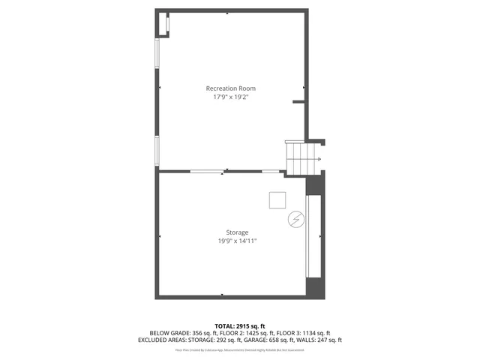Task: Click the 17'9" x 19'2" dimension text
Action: pos(231,97)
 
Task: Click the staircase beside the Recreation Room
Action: pos(297,158)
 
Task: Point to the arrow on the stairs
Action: pos(318,159)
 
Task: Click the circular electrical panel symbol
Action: pos(296,219)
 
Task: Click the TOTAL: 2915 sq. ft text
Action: pos(240,326)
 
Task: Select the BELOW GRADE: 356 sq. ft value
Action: pos(178,333)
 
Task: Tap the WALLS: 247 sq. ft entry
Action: pos(321,340)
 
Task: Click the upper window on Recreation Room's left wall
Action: pos(157,54)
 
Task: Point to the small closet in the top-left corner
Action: pos(163,25)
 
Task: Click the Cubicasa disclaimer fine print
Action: pos(240,349)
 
